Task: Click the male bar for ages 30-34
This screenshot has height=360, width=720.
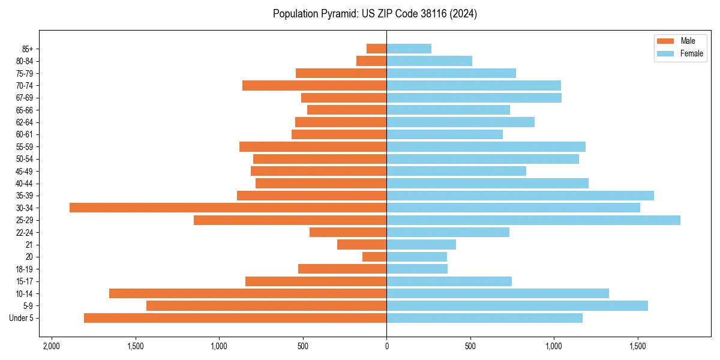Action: pyautogui.click(x=228, y=208)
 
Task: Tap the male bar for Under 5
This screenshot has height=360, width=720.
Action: pyautogui.click(x=235, y=318)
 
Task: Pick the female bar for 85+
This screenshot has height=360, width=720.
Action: pyautogui.click(x=409, y=49)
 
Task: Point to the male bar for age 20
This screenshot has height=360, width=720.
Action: pyautogui.click(x=374, y=257)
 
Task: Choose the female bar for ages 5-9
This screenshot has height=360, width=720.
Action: pyautogui.click(x=517, y=306)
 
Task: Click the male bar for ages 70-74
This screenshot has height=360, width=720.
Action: pyautogui.click(x=314, y=86)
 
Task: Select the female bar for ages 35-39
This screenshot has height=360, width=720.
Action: pyautogui.click(x=520, y=196)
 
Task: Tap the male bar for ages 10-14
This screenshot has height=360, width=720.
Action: pyautogui.click(x=248, y=293)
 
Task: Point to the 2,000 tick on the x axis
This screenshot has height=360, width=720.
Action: pyautogui.click(x=52, y=346)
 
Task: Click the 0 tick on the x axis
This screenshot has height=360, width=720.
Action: pyautogui.click(x=386, y=346)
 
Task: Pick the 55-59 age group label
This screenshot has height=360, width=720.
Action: pyautogui.click(x=25, y=147)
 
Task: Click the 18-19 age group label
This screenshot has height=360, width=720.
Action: pyautogui.click(x=25, y=269)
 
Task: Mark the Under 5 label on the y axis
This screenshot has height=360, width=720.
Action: pyautogui.click(x=22, y=318)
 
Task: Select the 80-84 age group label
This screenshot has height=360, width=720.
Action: pyautogui.click(x=25, y=61)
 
